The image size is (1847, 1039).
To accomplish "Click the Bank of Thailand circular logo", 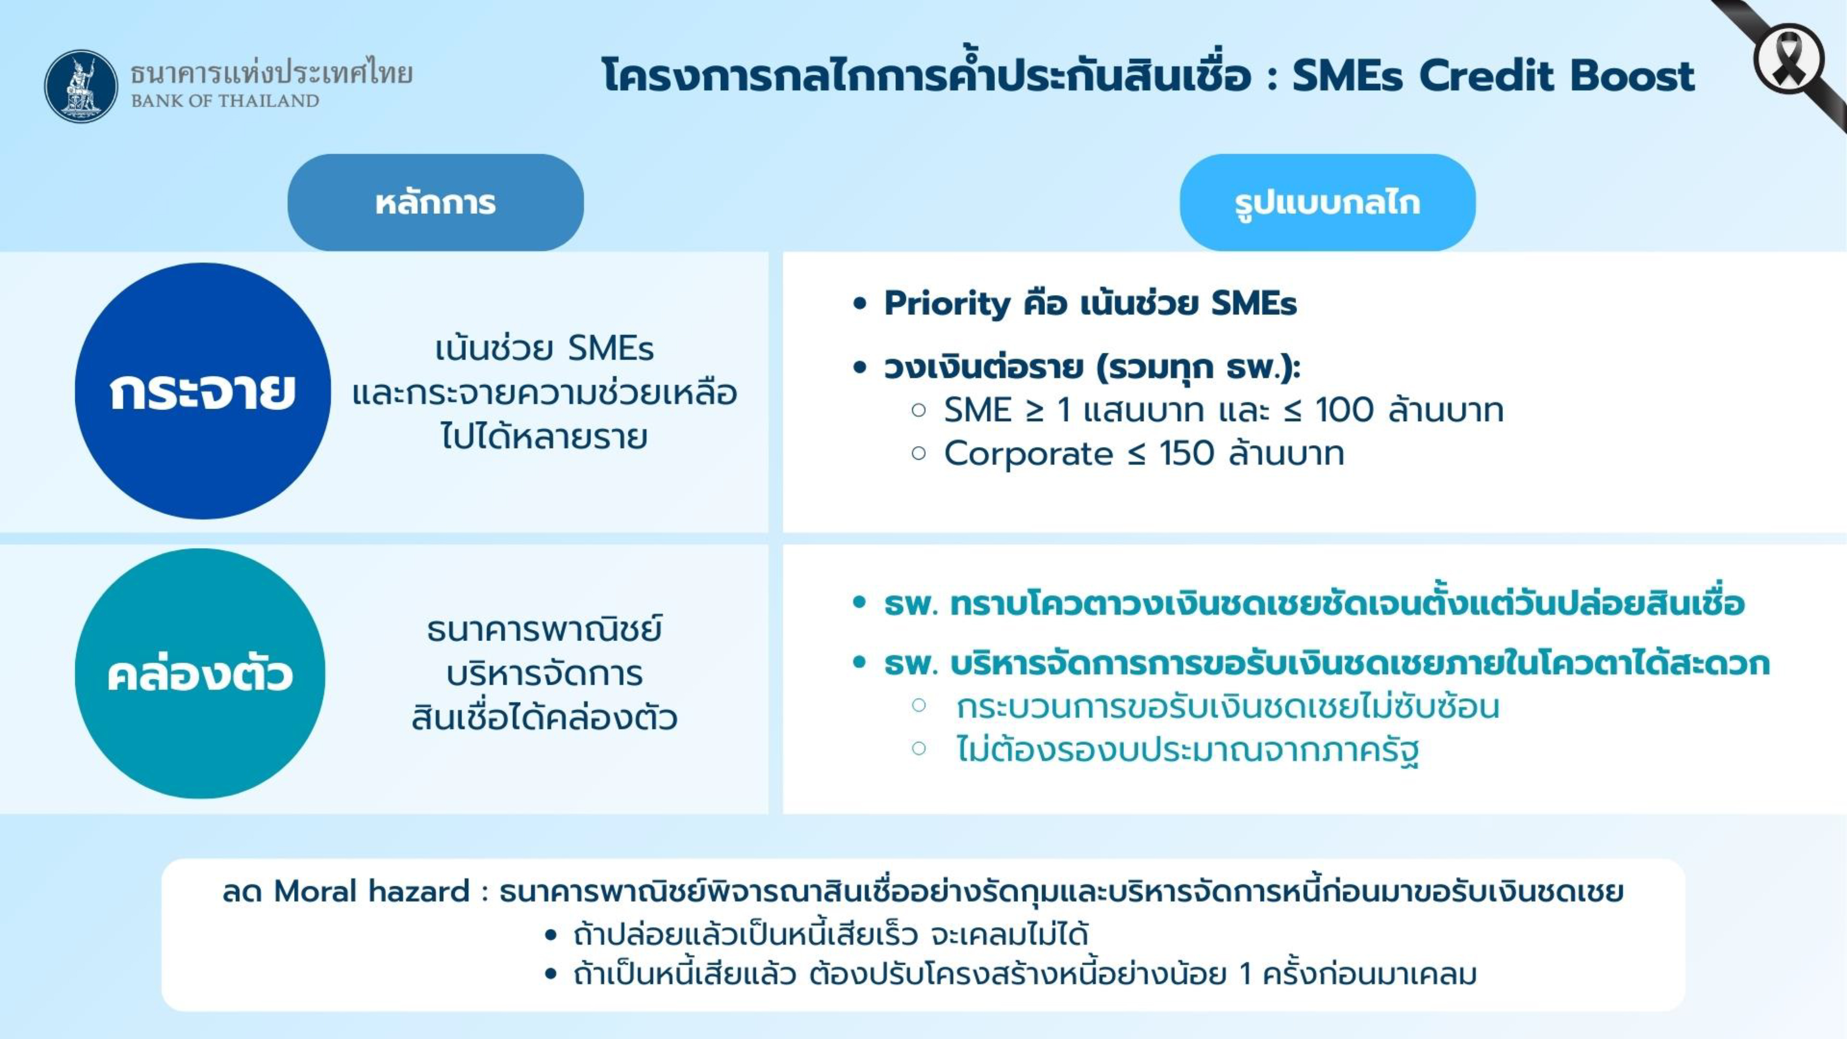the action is [x=81, y=86].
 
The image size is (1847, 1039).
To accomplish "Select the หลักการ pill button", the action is [x=436, y=202].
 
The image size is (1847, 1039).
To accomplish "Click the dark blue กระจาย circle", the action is [x=203, y=391].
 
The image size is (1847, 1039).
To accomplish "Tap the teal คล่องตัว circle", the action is [x=200, y=673].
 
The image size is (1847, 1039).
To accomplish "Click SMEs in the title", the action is [x=1347, y=76].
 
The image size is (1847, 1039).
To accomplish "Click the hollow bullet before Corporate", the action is [x=919, y=453].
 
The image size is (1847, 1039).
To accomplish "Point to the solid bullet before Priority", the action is [x=860, y=304].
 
